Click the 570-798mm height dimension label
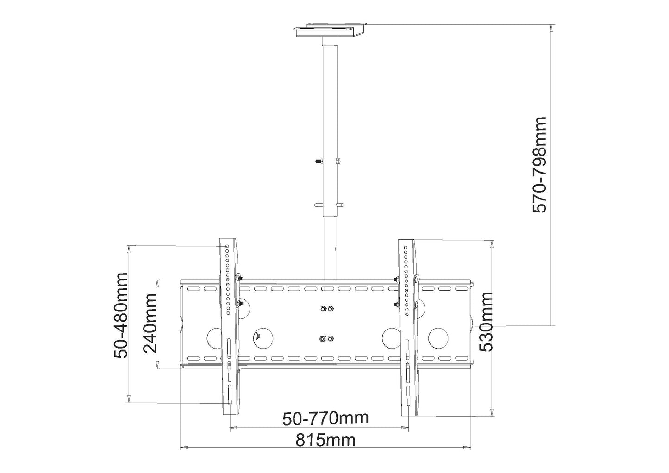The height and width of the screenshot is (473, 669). pos(539,165)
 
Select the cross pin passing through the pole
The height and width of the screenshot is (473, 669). pos(329,204)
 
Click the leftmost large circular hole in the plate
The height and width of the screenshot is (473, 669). pos(215,338)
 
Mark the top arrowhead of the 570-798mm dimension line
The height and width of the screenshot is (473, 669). pos(550,28)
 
